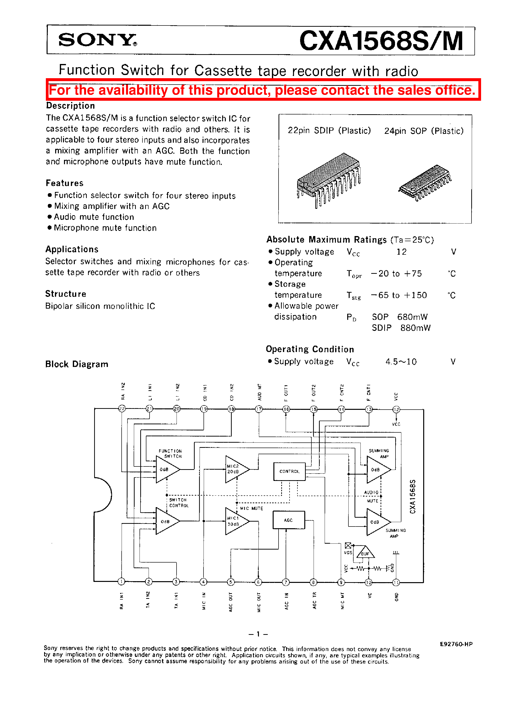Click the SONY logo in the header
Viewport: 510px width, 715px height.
pos(97,40)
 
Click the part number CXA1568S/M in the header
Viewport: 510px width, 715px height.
pos(381,41)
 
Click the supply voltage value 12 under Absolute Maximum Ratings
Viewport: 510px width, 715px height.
pos(401,252)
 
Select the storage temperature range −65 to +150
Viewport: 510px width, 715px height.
pos(399,295)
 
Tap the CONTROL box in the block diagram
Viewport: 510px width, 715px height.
pos(289,471)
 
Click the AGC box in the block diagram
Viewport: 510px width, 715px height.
pos(288,520)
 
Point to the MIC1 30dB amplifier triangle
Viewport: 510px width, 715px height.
pos(236,521)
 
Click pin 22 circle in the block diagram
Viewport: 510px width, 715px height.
pos(122,408)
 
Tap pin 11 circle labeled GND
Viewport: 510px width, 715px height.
pos(396,582)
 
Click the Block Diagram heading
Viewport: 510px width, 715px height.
pos(77,364)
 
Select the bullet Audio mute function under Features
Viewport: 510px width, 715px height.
pos(94,217)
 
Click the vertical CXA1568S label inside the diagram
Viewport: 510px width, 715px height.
pos(413,497)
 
